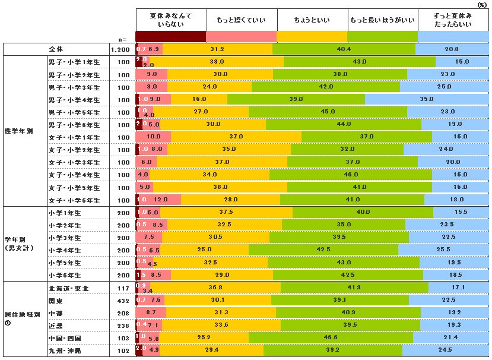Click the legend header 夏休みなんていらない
[171, 20]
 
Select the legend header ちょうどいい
[312, 20]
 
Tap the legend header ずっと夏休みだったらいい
[453, 20]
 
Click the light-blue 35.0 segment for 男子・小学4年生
[427, 99]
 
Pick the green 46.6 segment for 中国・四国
[331, 337]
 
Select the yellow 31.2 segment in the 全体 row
[217, 49]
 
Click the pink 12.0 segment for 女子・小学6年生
[160, 200]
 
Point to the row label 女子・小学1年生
[74, 137]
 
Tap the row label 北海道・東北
[68, 288]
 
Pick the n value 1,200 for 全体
[121, 49]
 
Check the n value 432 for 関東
[123, 301]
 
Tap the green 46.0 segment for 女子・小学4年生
[350, 175]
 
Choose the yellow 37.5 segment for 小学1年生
[226, 212]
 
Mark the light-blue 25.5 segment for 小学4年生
[443, 250]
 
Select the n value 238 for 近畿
[123, 326]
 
